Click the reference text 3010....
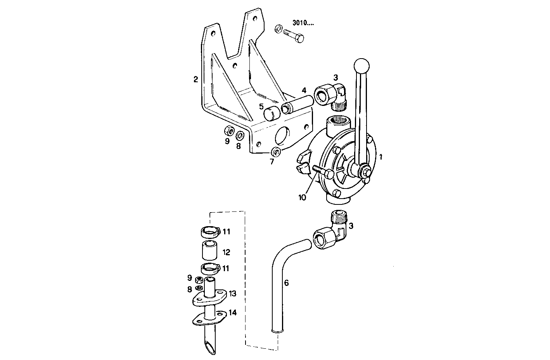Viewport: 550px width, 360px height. point(303,23)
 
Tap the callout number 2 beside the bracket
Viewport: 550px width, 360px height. point(195,80)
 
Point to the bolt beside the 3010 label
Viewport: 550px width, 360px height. point(294,36)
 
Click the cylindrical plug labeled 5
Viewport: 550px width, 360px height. point(271,114)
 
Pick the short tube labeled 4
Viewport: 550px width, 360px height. point(297,104)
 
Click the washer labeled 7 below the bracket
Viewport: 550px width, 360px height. point(276,151)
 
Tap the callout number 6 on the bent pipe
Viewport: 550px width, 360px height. point(286,283)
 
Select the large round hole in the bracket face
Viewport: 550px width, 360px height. point(282,136)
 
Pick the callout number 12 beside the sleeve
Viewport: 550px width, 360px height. point(226,253)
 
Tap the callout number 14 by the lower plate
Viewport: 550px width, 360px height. point(232,312)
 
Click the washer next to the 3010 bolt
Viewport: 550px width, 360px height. point(278,29)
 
